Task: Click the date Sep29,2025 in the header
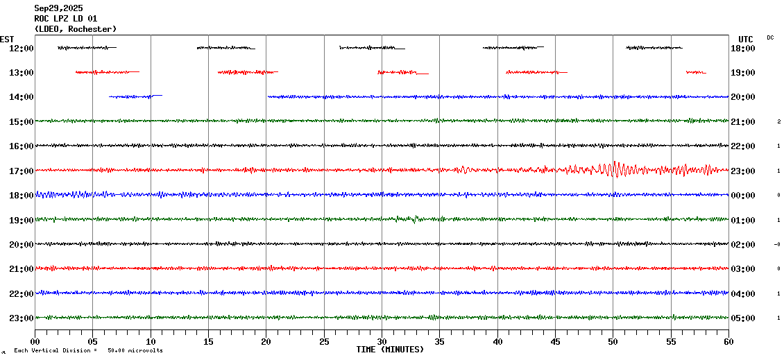(58, 8)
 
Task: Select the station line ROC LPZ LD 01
(66, 19)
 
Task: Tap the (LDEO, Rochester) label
(75, 29)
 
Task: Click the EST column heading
(7, 39)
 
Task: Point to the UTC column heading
(746, 39)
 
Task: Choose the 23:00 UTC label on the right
(743, 171)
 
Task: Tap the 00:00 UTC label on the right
(743, 196)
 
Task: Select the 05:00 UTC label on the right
(743, 318)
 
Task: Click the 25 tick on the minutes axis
(324, 341)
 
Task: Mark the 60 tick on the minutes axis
(728, 341)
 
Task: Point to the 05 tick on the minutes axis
(93, 341)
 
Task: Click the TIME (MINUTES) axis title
(390, 350)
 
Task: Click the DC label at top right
(770, 37)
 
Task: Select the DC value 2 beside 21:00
(778, 121)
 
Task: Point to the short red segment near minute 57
(696, 72)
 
